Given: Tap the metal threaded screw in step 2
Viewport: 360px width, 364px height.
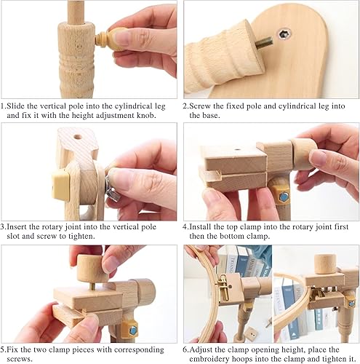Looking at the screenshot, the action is [x=264, y=44].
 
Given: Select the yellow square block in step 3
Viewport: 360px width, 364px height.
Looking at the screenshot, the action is [x=60, y=185].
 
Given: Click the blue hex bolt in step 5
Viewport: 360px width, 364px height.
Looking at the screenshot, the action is [x=132, y=331].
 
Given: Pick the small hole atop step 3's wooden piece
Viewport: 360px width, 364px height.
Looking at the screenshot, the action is [x=78, y=137].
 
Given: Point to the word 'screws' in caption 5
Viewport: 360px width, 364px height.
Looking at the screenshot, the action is [x=20, y=359].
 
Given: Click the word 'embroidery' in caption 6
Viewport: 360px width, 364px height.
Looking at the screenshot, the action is [x=209, y=359].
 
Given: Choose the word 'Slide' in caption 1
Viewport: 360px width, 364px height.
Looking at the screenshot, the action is [x=16, y=106].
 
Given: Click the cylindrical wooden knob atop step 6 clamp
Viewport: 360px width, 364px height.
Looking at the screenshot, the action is [x=325, y=264].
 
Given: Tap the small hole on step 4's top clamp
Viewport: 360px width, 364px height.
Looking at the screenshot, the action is [x=237, y=150].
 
